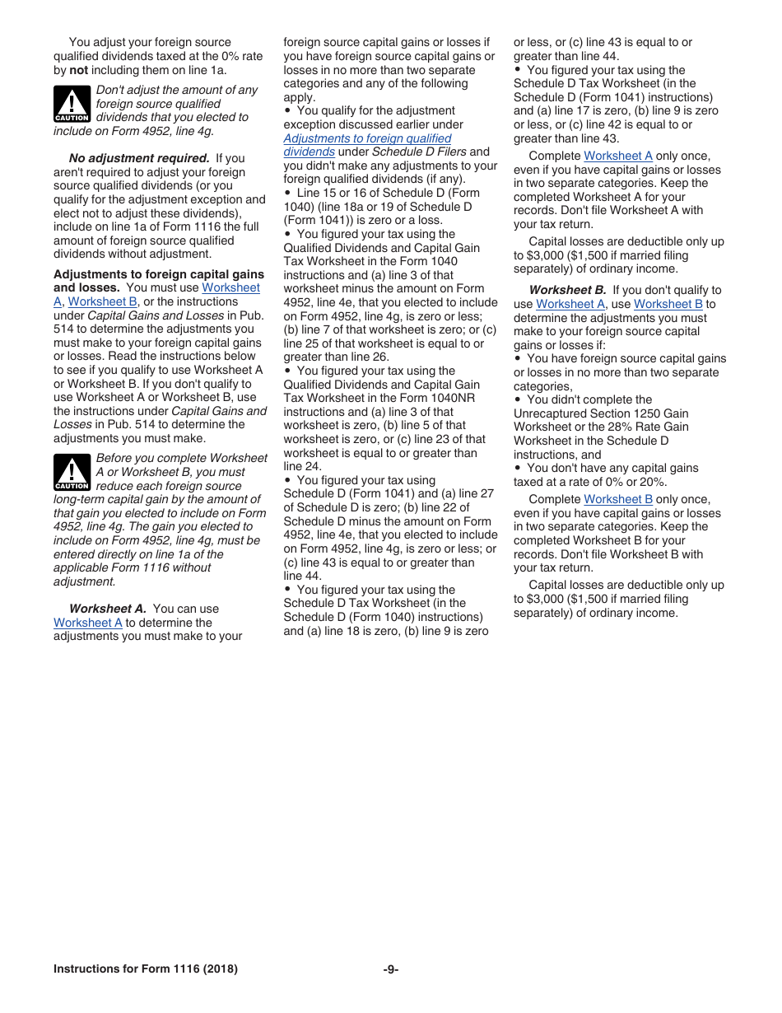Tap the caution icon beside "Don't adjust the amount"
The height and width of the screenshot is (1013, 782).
(x=72, y=105)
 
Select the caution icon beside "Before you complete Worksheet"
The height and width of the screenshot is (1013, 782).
(x=72, y=473)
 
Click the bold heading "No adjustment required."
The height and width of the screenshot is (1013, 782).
(x=139, y=158)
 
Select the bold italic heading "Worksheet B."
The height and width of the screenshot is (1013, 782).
(x=567, y=290)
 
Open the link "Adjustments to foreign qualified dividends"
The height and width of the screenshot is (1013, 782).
(x=367, y=138)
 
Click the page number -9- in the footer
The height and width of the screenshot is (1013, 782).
(x=390, y=969)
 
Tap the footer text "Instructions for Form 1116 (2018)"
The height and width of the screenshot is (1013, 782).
(x=145, y=969)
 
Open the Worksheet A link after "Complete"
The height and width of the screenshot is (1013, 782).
(x=617, y=156)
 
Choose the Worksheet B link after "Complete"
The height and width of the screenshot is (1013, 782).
(x=617, y=499)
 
